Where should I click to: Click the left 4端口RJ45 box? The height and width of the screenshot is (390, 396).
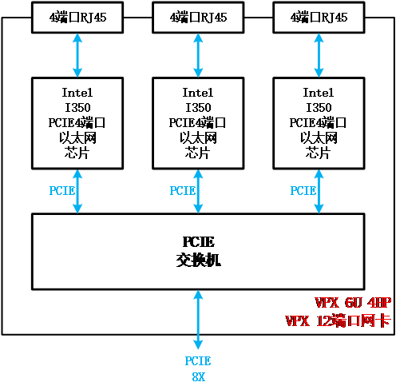coord(77,18)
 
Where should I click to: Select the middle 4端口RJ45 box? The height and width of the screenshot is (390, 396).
coord(198,18)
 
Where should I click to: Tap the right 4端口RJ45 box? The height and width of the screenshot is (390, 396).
coord(319,18)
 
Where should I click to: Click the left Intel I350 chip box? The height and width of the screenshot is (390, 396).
coord(77,123)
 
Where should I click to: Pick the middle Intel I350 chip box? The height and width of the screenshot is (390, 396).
coord(198,123)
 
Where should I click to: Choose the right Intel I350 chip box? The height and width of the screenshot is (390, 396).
coord(319,123)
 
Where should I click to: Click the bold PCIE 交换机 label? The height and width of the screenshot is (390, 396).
coord(198,251)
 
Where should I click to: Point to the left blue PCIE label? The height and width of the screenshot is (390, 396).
coord(62,191)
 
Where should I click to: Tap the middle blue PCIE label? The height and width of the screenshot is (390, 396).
coord(183,191)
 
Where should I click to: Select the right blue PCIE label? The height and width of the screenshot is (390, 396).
coord(303,191)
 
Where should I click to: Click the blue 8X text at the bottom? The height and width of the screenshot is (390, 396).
coord(199,377)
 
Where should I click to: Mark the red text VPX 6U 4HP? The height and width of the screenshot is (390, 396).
coord(353,303)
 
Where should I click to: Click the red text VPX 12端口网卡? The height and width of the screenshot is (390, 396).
coord(338,320)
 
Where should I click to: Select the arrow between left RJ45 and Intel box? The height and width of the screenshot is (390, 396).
coord(77,55)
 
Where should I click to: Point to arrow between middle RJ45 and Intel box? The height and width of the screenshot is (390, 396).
coord(198,55)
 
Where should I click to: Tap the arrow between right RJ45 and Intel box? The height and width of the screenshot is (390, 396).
coord(319,55)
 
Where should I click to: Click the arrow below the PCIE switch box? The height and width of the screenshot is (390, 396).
coord(198,320)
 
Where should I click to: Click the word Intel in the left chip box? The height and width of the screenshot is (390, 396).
coord(77,93)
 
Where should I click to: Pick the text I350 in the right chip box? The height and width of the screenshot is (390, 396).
coord(319,108)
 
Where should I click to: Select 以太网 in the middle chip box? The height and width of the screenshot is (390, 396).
coord(198,137)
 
